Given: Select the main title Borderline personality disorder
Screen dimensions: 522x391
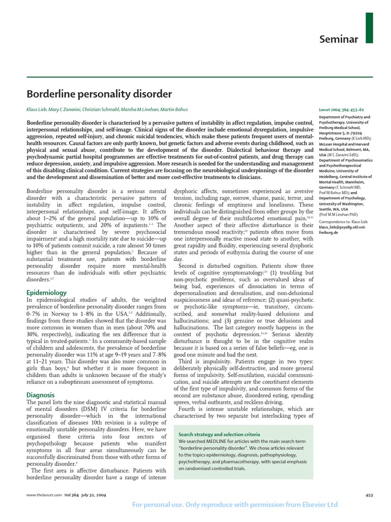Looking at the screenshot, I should pyautogui.click(x=99, y=94).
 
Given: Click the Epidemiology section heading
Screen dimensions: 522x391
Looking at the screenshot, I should pyautogui.click(x=46, y=293).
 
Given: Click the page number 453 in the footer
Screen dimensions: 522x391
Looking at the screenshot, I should pyautogui.click(x=370, y=495).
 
